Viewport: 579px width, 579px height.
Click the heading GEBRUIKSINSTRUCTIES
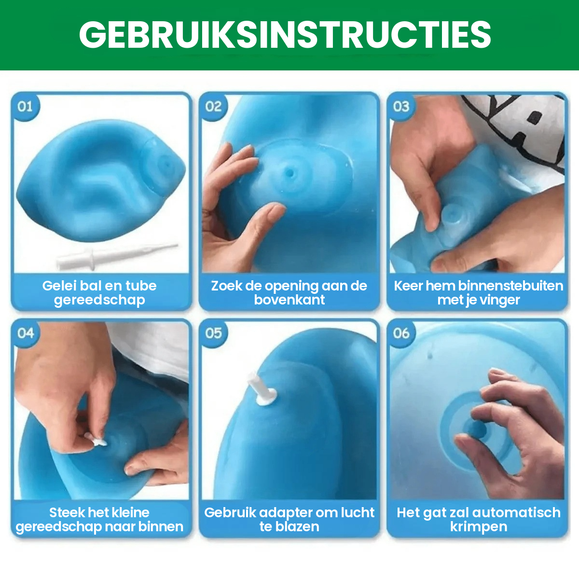(x=285, y=35)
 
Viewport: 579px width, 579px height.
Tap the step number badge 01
(x=25, y=106)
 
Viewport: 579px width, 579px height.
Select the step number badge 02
(x=213, y=106)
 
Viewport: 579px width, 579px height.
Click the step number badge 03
(x=401, y=106)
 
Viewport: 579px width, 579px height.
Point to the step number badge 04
(x=25, y=333)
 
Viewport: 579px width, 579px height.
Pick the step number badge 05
(x=213, y=333)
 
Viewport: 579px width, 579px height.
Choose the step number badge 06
(x=401, y=333)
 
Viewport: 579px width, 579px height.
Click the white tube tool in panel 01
(x=116, y=255)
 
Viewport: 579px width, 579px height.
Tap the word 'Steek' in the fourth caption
(x=67, y=512)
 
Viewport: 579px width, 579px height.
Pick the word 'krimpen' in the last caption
(x=478, y=527)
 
